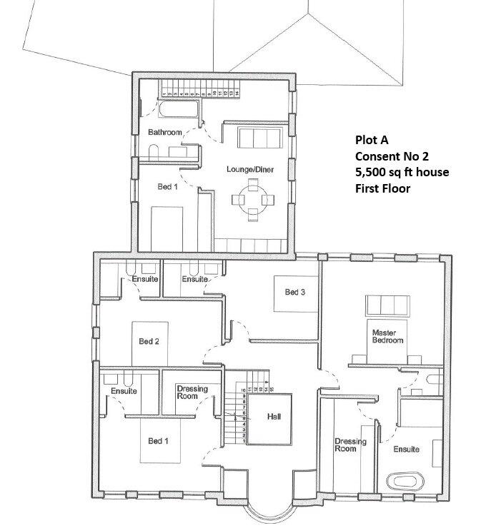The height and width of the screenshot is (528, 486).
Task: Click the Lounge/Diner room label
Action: (247, 169)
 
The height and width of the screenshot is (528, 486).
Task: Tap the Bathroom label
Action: (164, 133)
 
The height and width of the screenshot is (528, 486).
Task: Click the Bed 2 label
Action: (148, 341)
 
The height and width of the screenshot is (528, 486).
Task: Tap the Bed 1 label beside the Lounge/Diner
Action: (167, 186)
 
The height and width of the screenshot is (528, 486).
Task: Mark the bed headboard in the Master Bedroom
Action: (387, 305)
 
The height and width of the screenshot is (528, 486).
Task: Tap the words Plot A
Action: (372, 141)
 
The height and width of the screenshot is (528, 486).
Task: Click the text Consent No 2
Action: (391, 156)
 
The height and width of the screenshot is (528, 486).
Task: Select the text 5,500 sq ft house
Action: (401, 173)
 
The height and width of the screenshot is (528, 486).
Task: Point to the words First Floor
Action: (382, 188)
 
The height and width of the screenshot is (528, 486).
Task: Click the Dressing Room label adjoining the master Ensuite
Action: (350, 445)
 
